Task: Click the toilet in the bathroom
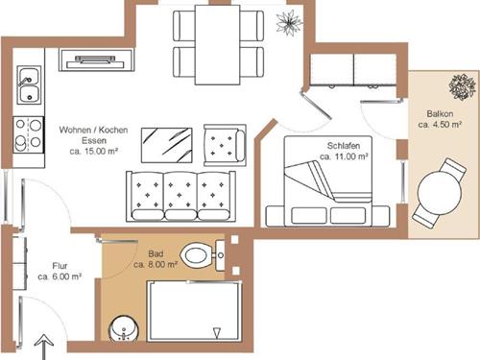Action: (x=203, y=255)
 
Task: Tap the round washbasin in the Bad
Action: (x=124, y=328)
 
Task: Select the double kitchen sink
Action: (x=29, y=84)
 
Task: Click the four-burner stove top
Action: (x=28, y=134)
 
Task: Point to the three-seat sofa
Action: (x=180, y=196)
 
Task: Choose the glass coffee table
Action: (x=167, y=145)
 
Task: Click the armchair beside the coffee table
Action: (x=225, y=145)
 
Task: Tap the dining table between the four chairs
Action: (x=218, y=45)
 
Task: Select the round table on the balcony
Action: (x=440, y=193)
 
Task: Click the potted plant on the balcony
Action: (x=462, y=86)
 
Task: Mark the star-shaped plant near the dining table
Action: (x=289, y=22)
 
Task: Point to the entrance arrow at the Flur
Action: (x=43, y=347)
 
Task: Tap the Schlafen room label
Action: (x=344, y=146)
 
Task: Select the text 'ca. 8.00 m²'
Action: (x=156, y=265)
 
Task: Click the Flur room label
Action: (x=60, y=266)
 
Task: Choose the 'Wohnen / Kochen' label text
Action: (x=93, y=130)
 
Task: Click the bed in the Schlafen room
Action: (x=328, y=181)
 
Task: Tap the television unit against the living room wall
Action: (x=96, y=60)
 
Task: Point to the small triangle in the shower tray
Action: (x=217, y=333)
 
